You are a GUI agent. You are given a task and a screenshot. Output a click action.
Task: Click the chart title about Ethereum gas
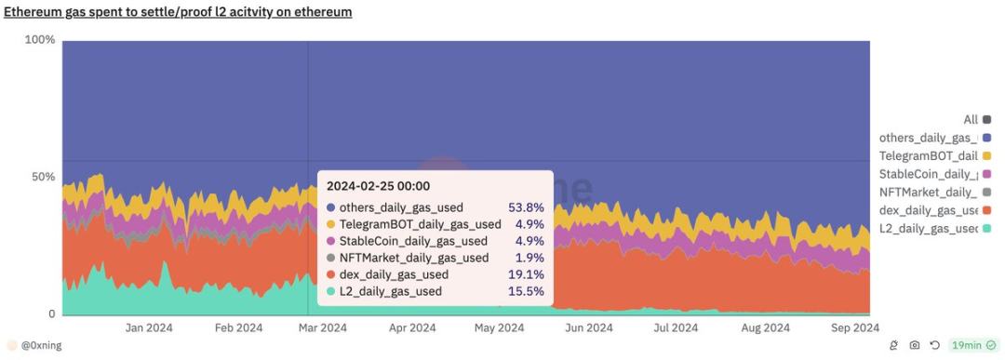pos(178,12)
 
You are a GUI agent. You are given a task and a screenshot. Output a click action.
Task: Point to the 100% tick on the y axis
pos(40,40)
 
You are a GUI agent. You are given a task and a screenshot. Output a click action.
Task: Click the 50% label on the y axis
pos(43,177)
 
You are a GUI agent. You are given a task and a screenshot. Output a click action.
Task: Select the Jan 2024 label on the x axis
pos(149,327)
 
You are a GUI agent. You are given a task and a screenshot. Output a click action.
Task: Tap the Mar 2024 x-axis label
pos(321,327)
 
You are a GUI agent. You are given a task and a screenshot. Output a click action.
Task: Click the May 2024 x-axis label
pos(499,327)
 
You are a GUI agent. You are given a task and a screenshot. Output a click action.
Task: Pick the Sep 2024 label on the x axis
pos(853,327)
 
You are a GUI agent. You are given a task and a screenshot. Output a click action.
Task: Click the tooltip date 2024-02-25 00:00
pos(378,186)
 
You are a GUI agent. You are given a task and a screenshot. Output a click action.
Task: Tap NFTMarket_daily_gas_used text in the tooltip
pos(414,258)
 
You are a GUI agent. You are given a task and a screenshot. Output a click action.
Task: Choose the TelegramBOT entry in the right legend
pos(928,155)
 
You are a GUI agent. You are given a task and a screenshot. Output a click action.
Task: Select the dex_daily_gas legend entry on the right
pos(928,210)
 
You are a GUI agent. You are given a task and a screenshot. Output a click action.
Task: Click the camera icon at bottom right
pos(915,346)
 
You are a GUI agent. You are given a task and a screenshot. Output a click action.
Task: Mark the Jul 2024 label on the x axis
pos(676,327)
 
